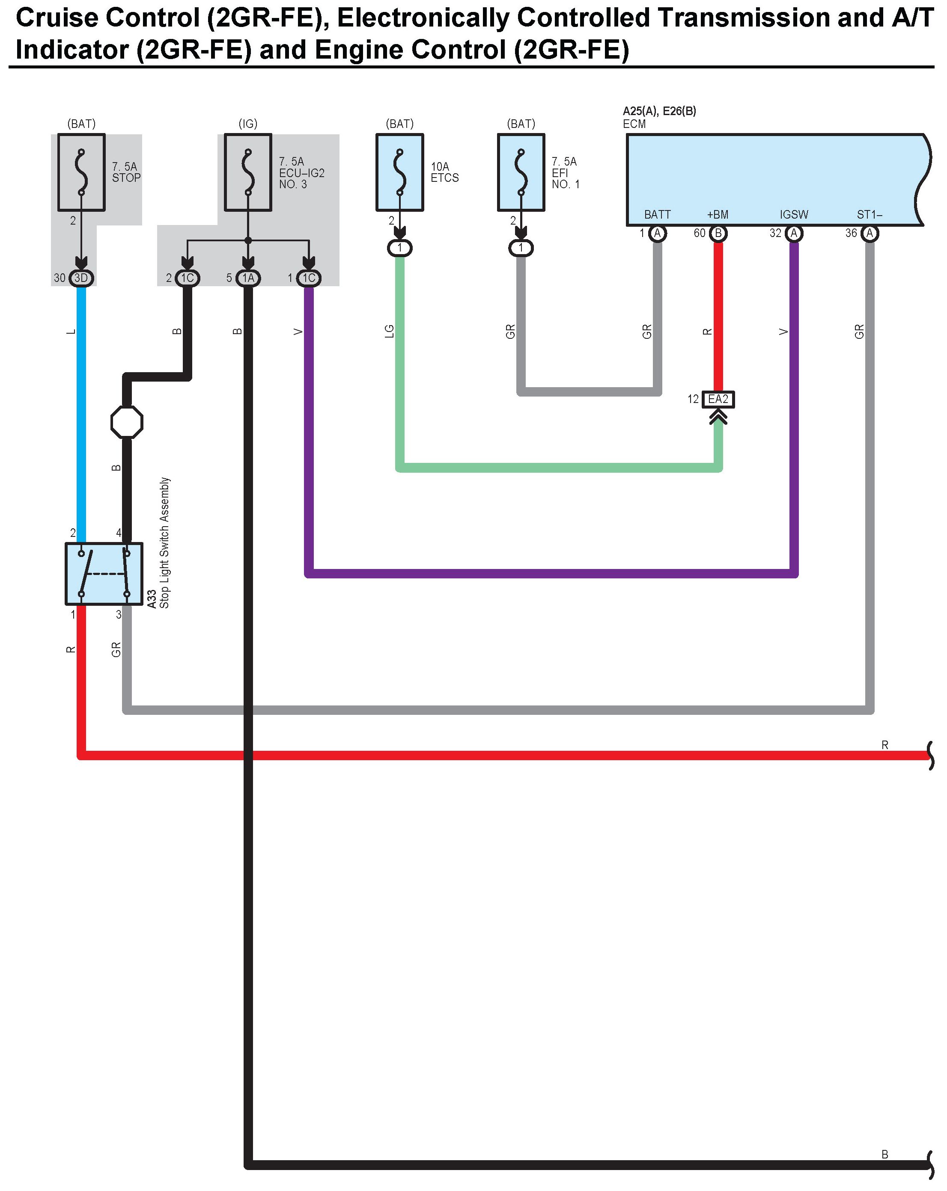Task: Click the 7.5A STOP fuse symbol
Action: [81, 172]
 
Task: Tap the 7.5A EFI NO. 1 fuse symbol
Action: [521, 172]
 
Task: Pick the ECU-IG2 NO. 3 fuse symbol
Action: [248, 172]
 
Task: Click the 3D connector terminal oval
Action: [81, 278]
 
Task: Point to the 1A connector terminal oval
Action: [248, 278]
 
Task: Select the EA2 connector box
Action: [718, 399]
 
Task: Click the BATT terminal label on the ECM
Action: [657, 214]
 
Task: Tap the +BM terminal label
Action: [718, 214]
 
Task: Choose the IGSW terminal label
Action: [794, 214]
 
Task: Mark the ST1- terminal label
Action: [869, 214]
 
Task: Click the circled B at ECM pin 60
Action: [718, 233]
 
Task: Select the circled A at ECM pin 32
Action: [794, 233]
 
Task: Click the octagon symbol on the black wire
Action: [127, 423]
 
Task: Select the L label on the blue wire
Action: [71, 332]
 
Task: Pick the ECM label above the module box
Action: [634, 124]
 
